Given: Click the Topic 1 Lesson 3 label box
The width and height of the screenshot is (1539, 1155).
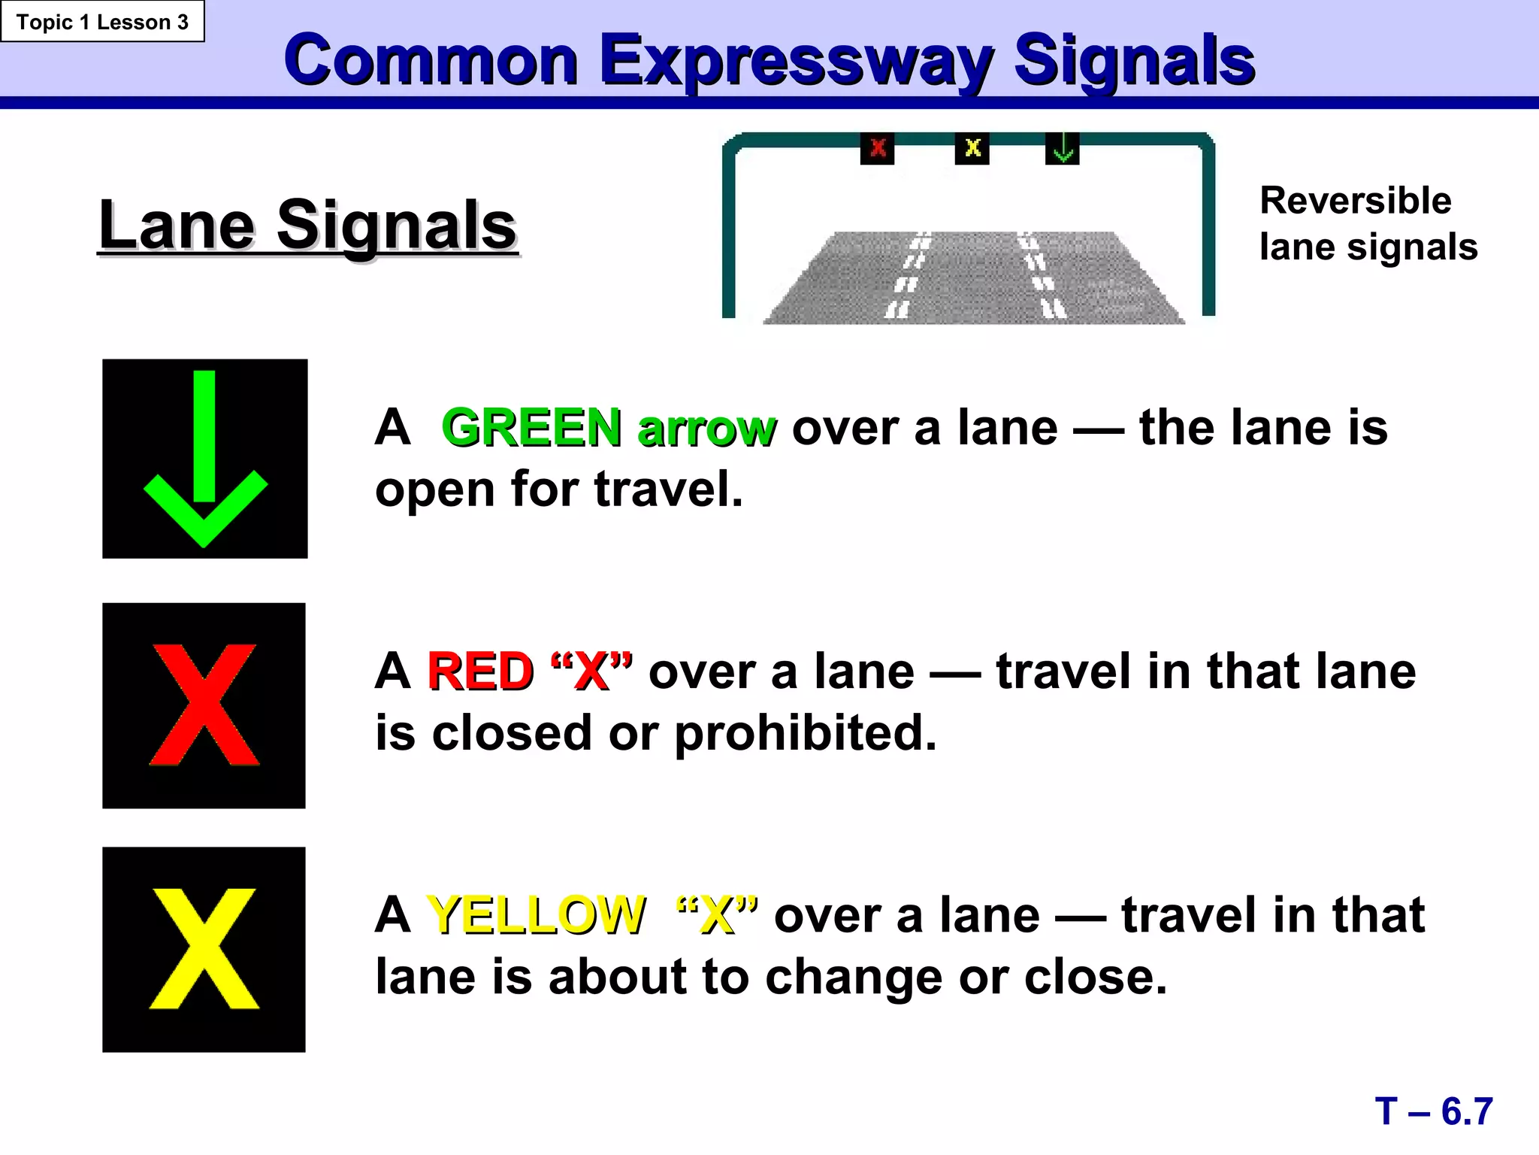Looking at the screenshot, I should (x=102, y=22).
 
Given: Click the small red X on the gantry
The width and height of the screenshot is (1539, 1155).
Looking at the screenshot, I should (x=877, y=148).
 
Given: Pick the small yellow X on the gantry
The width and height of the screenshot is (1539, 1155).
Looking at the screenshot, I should (x=972, y=148).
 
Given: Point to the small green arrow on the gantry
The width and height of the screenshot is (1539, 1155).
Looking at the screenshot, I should (x=1063, y=148).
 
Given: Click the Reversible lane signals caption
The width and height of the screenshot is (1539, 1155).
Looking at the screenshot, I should (x=1368, y=223).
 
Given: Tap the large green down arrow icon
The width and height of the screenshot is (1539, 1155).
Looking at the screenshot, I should (x=205, y=459).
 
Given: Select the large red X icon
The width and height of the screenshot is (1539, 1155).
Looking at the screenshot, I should (x=204, y=705).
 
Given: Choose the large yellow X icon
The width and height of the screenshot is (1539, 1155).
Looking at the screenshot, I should (x=204, y=949).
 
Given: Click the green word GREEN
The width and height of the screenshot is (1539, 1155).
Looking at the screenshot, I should (x=531, y=428).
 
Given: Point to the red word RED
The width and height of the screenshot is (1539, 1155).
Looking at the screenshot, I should (x=480, y=671).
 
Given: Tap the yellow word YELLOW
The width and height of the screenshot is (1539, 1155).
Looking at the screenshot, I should (x=536, y=915).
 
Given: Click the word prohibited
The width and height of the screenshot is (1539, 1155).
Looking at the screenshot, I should (x=806, y=733).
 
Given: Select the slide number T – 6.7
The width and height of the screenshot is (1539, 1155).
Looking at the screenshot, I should (x=1433, y=1111).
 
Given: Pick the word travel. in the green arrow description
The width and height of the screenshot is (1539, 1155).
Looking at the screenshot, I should (x=668, y=490).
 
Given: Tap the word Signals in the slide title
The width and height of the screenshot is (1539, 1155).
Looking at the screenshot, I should (x=1134, y=62).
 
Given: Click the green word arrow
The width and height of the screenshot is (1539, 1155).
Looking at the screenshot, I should (x=706, y=429).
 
